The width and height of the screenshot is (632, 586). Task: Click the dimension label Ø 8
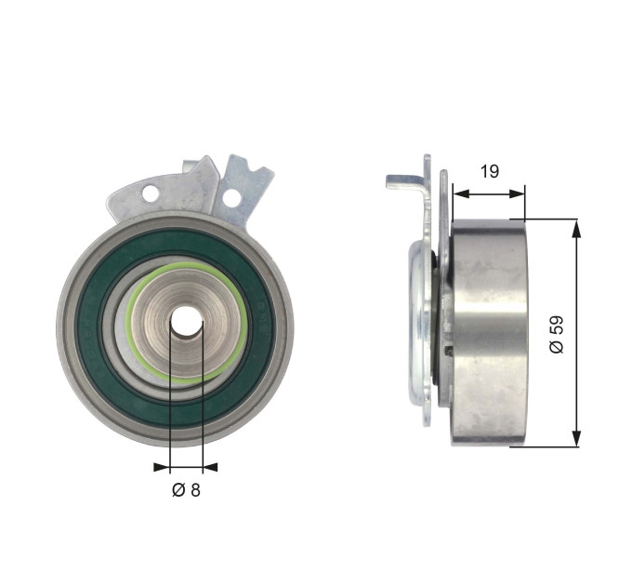pyautogui.click(x=186, y=490)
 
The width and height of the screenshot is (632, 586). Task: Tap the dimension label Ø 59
pyautogui.click(x=556, y=335)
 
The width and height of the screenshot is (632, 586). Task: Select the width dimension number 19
pyautogui.click(x=490, y=171)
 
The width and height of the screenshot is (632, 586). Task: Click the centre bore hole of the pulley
pyautogui.click(x=186, y=322)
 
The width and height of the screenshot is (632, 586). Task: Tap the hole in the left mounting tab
pyautogui.click(x=150, y=193)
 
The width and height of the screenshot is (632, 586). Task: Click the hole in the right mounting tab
pyautogui.click(x=230, y=197)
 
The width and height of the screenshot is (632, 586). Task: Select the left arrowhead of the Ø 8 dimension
pyautogui.click(x=162, y=467)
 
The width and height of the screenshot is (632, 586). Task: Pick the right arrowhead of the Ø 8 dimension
pyautogui.click(x=210, y=467)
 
